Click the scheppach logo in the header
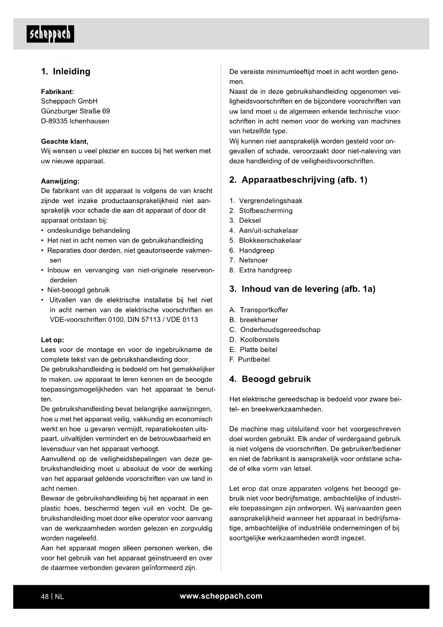pos(50,34)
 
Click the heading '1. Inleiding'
pos(66,71)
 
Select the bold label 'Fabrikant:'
pos(57,92)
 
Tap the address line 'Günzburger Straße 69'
pos(75,111)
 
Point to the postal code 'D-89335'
pos(54,121)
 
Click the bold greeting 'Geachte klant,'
pos(65,141)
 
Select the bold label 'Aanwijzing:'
pos(60,181)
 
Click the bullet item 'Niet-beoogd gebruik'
pos(78,290)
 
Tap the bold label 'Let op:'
pos(52,340)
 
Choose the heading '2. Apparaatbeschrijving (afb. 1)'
pos(298,180)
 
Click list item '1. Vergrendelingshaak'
pos(266,201)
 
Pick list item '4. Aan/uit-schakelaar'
pos(264,231)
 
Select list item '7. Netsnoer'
pos(249,260)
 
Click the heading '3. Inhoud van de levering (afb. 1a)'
pos(302,289)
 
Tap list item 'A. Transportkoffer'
pos(259,310)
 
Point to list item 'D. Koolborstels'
pos(255,340)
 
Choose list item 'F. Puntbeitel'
pos(250,360)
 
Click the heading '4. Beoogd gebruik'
pos(270,379)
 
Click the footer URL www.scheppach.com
pos(221,596)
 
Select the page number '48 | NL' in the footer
pos(52,596)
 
